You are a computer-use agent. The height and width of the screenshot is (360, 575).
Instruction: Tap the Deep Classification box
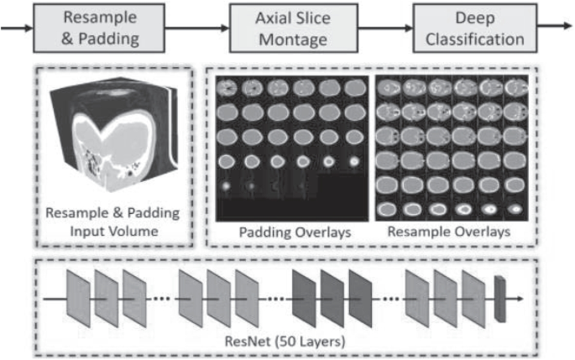pos(474,28)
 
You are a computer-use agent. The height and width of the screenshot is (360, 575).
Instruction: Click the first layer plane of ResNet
pos(79,299)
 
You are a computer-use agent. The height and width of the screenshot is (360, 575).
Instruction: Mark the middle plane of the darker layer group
pos(332,299)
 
